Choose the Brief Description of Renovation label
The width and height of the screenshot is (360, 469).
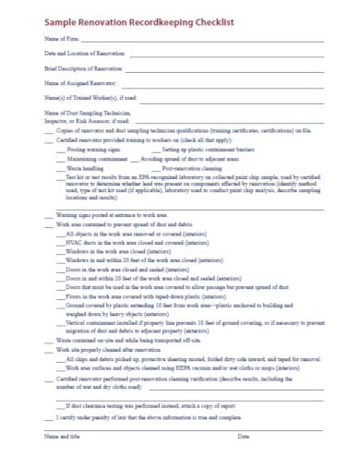(x=83, y=69)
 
